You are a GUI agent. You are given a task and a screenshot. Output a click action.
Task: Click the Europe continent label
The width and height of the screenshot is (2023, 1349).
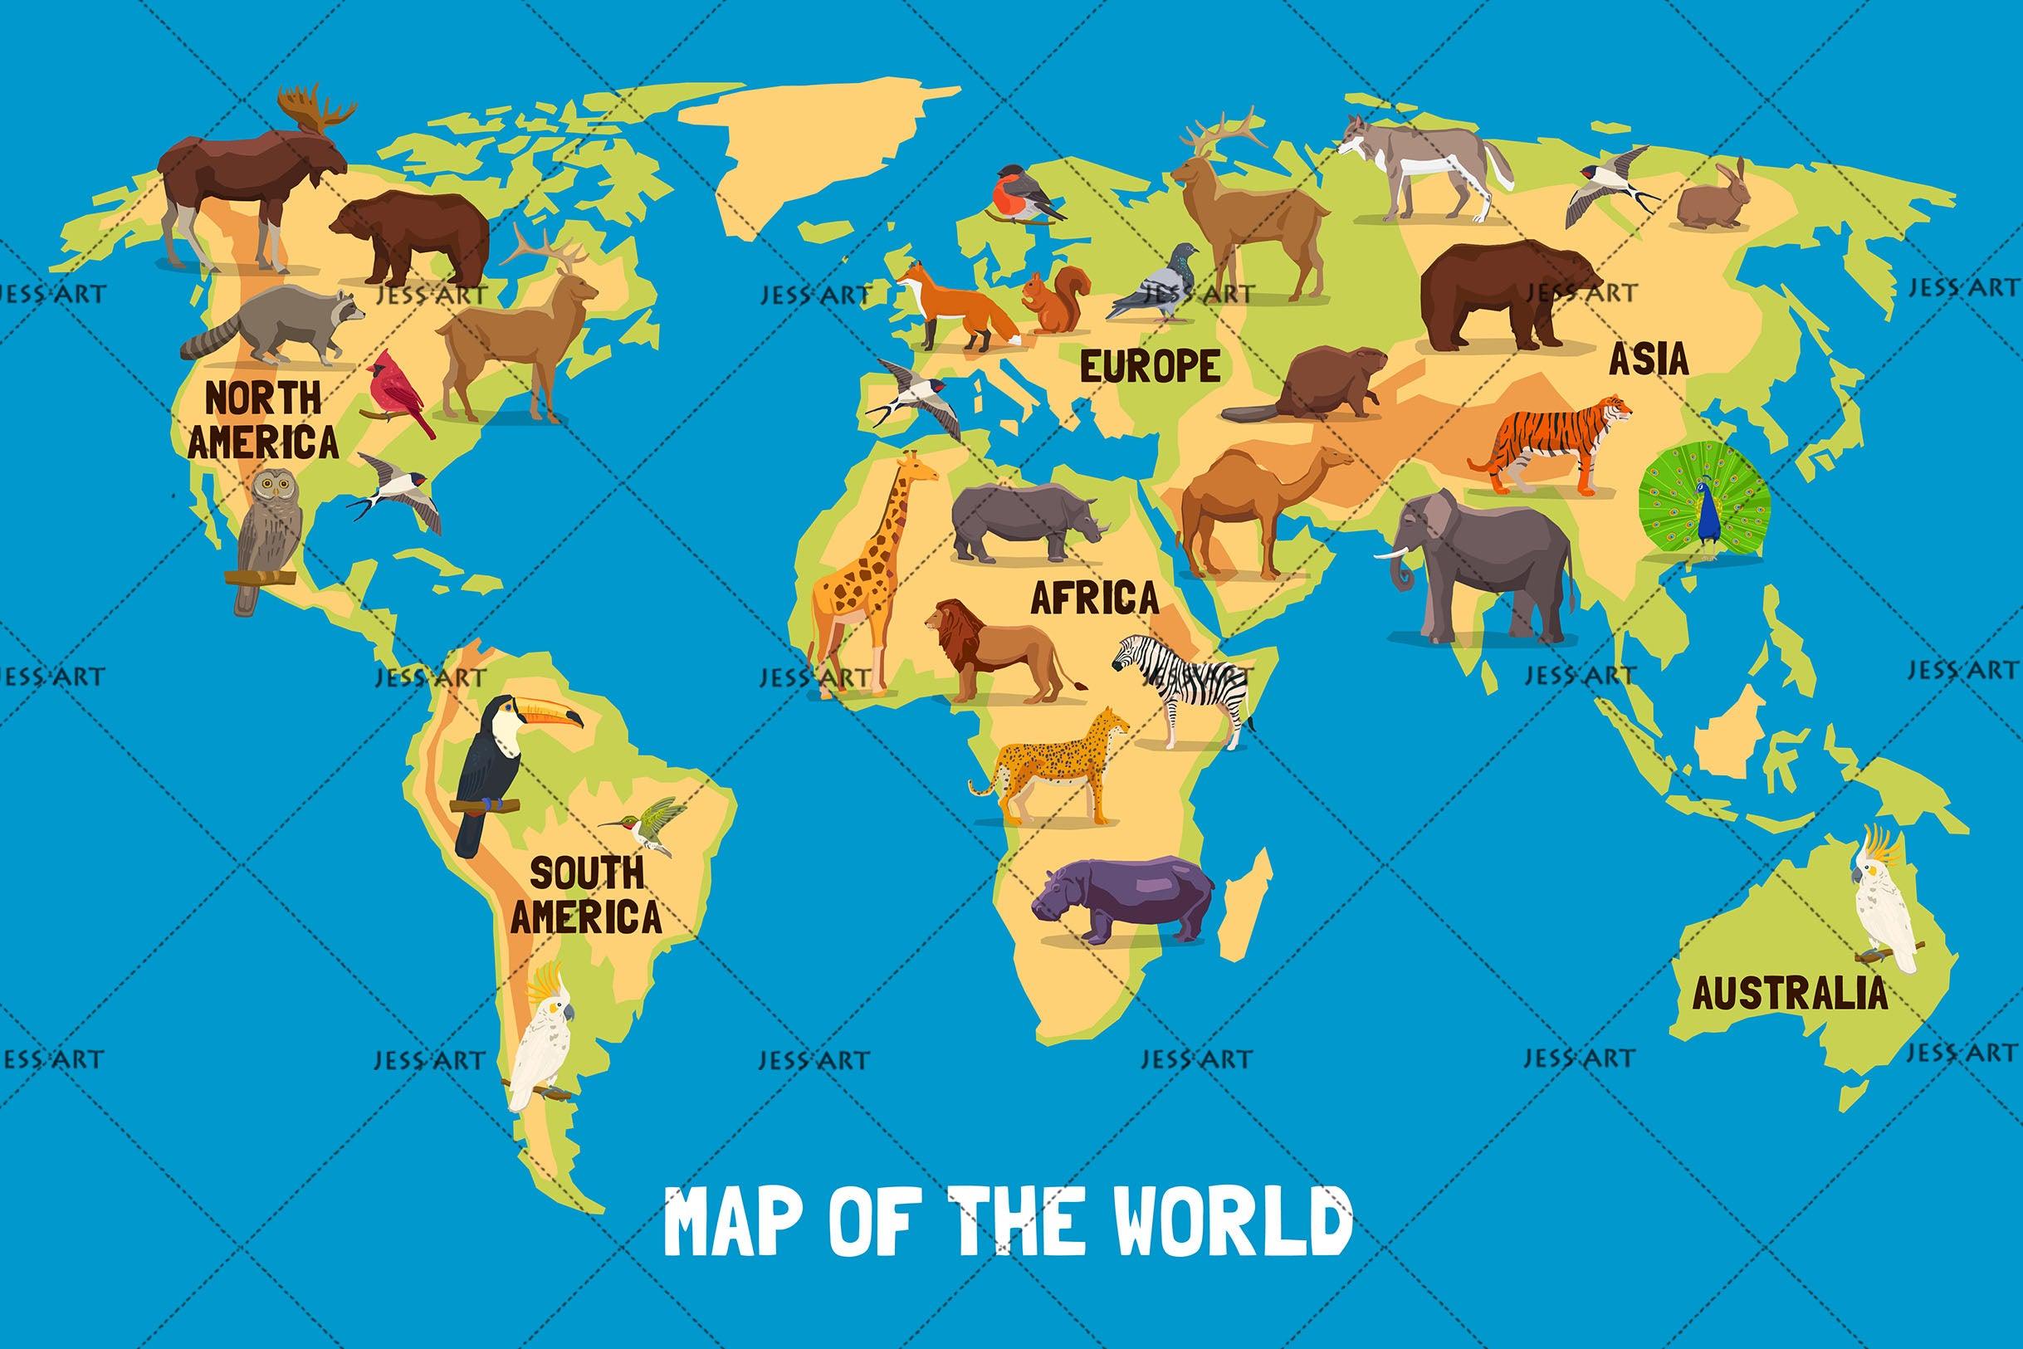(1149, 366)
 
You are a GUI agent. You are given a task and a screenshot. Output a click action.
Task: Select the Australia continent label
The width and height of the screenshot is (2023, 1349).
(1790, 995)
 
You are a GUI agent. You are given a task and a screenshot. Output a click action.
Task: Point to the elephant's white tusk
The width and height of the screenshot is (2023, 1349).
(1386, 555)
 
